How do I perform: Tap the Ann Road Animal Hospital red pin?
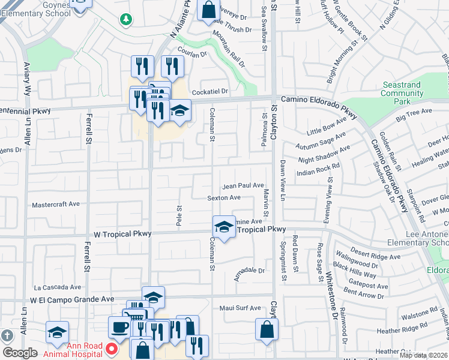[111, 349]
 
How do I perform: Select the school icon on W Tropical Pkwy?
[223, 227]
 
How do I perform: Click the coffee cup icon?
[118, 327]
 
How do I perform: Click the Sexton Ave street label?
[224, 197]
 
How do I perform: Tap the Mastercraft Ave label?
[56, 204]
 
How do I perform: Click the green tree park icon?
[126, 20]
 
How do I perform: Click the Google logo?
[20, 353]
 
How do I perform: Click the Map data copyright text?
[424, 355]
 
